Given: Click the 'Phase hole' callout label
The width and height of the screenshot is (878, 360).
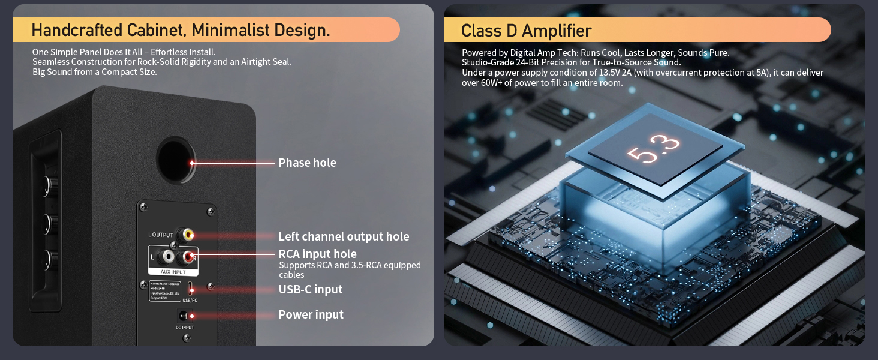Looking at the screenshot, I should (x=307, y=163).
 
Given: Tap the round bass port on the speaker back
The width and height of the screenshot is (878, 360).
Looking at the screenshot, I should (x=176, y=160).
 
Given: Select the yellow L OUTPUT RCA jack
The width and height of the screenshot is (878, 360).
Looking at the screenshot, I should (x=189, y=235).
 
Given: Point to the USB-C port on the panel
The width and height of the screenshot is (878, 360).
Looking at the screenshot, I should (x=190, y=286).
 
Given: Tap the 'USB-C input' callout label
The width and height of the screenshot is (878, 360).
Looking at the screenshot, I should (x=311, y=289).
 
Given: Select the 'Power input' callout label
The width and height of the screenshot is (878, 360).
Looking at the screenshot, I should (x=311, y=314).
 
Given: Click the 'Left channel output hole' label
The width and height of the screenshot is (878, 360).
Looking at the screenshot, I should (x=344, y=236).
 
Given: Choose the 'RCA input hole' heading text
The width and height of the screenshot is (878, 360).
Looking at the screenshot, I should (x=317, y=254).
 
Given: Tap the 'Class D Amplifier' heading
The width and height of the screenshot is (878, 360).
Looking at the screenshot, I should (x=526, y=31).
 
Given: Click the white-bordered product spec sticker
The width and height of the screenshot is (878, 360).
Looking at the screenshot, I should (x=164, y=290).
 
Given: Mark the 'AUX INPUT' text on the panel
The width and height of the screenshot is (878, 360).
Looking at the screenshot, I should (x=173, y=272).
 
